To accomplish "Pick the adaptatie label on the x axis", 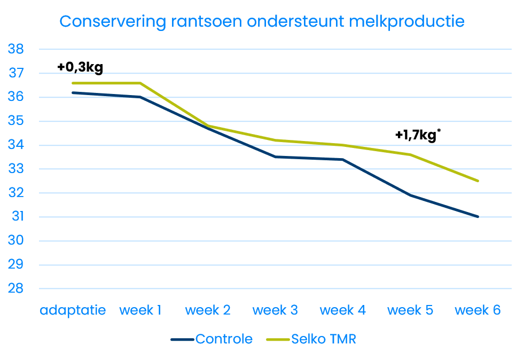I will tap(73, 310).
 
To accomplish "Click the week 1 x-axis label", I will tap(140, 310).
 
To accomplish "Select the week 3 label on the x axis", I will tap(275, 310).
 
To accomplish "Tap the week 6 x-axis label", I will tap(478, 310).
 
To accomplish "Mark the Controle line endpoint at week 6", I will tap(478, 217).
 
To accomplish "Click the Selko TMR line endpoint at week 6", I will tap(478, 181).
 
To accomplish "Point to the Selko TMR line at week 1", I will tap(140, 83).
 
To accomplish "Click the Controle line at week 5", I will tap(410, 195).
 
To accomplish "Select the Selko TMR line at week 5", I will tap(410, 155).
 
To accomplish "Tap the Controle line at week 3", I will tap(275, 157).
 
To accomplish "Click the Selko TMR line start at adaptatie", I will tap(73, 83).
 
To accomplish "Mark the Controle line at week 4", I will tap(342, 159).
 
